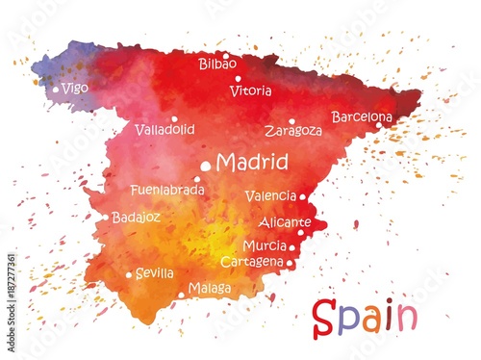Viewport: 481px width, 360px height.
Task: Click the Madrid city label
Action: [x=252, y=162]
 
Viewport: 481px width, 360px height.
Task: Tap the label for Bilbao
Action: [x=217, y=64]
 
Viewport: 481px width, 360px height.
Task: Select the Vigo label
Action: [x=75, y=88]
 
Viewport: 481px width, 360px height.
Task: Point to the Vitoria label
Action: [x=251, y=91]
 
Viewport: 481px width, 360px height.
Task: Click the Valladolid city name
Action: [x=165, y=129]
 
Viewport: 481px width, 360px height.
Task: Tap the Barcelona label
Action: [x=362, y=116]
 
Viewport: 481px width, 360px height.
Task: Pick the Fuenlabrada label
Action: [x=167, y=191]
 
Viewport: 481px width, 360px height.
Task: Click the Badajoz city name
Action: [x=136, y=218]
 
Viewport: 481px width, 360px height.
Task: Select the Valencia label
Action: [x=270, y=196]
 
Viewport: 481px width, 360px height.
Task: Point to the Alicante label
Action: [x=285, y=222]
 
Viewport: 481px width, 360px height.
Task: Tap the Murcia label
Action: [x=265, y=246]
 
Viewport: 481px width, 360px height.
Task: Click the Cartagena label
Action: [x=252, y=262]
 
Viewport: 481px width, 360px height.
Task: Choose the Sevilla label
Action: [x=155, y=273]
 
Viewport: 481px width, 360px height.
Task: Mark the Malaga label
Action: [x=210, y=288]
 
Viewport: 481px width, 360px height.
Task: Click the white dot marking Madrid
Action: [x=205, y=167]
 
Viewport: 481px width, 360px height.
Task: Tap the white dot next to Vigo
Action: [x=56, y=90]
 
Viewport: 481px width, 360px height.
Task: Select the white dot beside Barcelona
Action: [x=378, y=124]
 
